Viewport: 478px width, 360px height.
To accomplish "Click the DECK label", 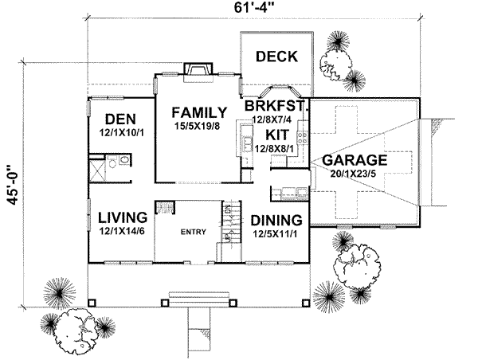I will tap(276, 57).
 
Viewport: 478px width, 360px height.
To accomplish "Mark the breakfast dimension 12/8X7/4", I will tap(272, 119).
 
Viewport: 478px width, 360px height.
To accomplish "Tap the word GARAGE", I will tap(355, 160).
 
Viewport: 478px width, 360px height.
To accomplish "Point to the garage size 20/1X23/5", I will tap(356, 174).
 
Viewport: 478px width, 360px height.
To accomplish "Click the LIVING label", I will tap(122, 217).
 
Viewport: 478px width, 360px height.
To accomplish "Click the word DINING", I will tap(276, 220).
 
